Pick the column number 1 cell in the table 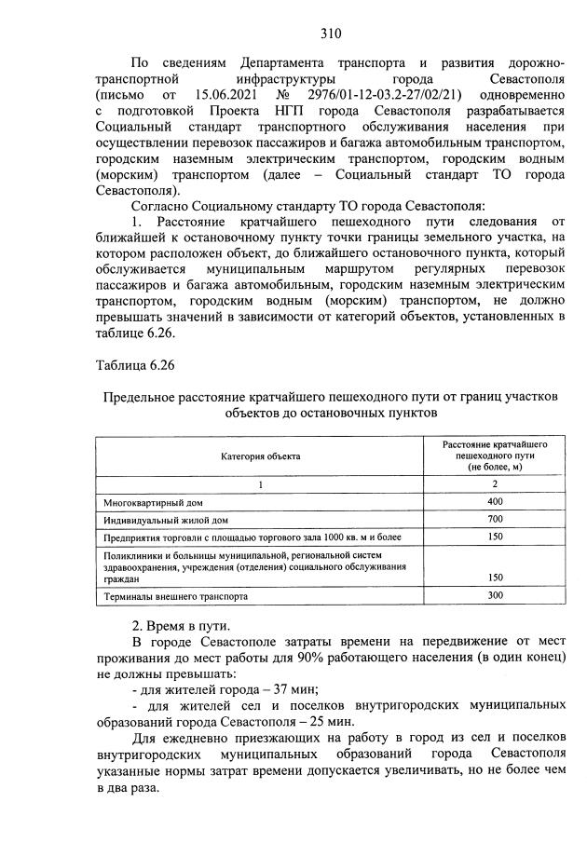[261, 484]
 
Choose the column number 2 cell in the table [494, 484]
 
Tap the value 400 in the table [494, 501]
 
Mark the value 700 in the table [494, 519]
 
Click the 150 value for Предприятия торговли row [494, 537]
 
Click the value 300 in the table [494, 594]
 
